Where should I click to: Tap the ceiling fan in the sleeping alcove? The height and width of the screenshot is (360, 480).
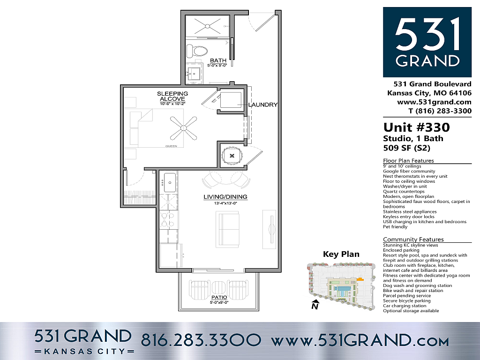[183, 127]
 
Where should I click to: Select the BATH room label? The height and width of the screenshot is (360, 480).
[218, 60]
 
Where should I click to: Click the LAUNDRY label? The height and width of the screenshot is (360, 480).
[262, 105]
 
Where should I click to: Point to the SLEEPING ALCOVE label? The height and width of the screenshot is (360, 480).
[172, 96]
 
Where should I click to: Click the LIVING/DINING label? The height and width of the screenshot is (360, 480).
[225, 197]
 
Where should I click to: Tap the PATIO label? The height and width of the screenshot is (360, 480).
[219, 297]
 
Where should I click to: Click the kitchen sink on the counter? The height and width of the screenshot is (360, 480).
[170, 182]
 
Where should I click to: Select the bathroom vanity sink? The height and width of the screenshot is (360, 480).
[194, 73]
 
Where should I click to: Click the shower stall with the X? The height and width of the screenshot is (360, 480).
[208, 26]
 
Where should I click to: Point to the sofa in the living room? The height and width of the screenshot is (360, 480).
[227, 230]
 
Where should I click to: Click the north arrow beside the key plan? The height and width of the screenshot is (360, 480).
[315, 305]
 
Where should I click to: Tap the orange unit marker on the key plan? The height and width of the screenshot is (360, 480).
[360, 279]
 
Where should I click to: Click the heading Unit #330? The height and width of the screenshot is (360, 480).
[417, 127]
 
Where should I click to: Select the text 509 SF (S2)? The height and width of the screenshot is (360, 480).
[407, 148]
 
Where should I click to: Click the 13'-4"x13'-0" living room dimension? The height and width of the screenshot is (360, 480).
[225, 203]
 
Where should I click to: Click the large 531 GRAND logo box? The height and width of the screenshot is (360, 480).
[427, 42]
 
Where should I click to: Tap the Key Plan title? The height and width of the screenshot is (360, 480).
[341, 254]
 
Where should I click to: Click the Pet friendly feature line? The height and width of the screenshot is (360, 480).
[395, 227]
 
